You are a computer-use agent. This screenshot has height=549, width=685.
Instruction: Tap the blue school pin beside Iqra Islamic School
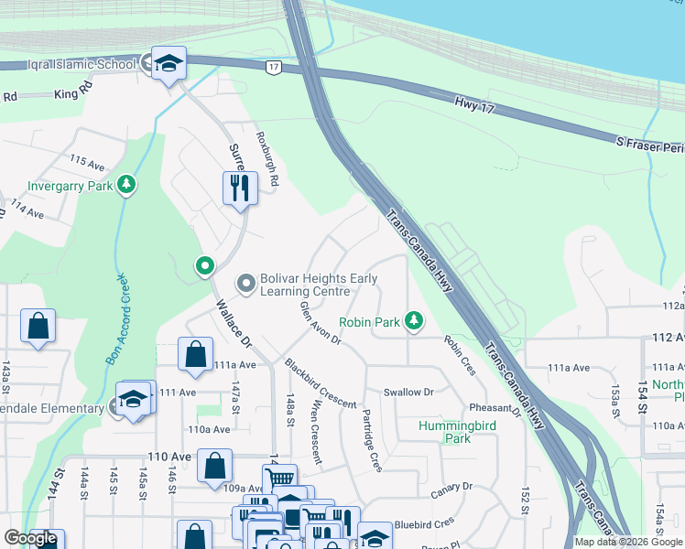tap(169, 64)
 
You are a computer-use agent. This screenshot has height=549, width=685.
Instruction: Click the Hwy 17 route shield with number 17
tap(272, 68)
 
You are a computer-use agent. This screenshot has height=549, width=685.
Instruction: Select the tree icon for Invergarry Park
tap(126, 186)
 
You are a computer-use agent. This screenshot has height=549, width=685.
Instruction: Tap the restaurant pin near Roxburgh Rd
tap(240, 188)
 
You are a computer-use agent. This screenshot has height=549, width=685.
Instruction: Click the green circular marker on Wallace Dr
tap(204, 266)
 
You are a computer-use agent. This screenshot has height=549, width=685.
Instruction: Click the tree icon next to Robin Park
tap(415, 321)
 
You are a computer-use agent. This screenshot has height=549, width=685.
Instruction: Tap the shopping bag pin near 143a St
tap(38, 327)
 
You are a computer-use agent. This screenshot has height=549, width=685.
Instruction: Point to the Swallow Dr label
tap(408, 392)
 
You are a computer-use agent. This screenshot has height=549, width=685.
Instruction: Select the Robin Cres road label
tap(460, 356)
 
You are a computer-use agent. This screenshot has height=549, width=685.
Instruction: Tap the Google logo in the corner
tap(31, 538)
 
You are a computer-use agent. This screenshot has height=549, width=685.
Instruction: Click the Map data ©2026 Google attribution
tap(628, 542)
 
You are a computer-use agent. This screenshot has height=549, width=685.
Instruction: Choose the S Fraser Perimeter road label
tap(650, 142)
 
